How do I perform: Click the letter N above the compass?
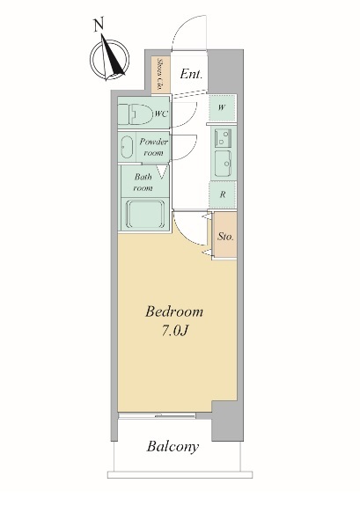coord(99,26)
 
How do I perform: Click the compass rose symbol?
coord(109,59)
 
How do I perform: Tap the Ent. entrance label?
coord(191,74)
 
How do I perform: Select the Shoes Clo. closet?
coord(160,75)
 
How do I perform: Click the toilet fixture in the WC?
coord(136,113)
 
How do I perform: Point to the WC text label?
coord(161,113)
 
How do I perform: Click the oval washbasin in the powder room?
coord(127,147)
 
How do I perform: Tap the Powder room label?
coord(153,147)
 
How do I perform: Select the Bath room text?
coord(143,182)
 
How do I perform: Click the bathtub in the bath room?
coord(145,214)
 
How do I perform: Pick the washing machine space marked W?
coord(222,108)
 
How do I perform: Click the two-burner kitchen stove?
coord(223,137)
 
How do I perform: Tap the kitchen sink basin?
coord(223,164)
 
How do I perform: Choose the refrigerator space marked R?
coord(223,194)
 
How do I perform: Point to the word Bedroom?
coord(174,311)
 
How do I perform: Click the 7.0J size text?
coord(174,331)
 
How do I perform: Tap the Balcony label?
coord(173,447)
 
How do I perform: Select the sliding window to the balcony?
coord(157,416)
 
